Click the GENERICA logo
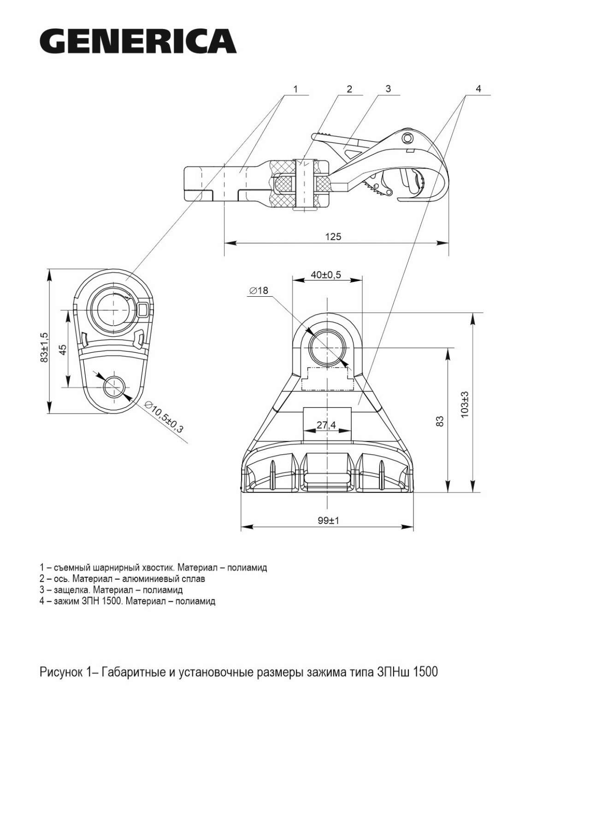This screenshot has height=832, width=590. coord(138,41)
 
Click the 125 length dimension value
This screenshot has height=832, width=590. coord(333,237)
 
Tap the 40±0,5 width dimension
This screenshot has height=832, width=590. coord(326,275)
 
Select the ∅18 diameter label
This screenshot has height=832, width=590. coord(259,291)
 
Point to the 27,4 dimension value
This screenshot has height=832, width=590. coord(326,425)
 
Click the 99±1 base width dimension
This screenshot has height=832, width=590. coord(328,521)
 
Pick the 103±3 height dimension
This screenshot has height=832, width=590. coord(465,404)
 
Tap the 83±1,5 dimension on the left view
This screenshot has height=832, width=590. coord(44,347)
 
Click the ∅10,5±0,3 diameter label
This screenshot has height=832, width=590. coord(164,416)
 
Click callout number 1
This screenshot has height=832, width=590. coord(295,88)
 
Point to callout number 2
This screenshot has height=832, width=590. coord(349,88)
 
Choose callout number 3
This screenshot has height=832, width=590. coord(388,88)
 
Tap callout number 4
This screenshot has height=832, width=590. coord(478,88)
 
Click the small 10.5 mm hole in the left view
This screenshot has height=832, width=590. coord(114,387)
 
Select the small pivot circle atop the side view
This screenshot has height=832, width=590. coord(406,138)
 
